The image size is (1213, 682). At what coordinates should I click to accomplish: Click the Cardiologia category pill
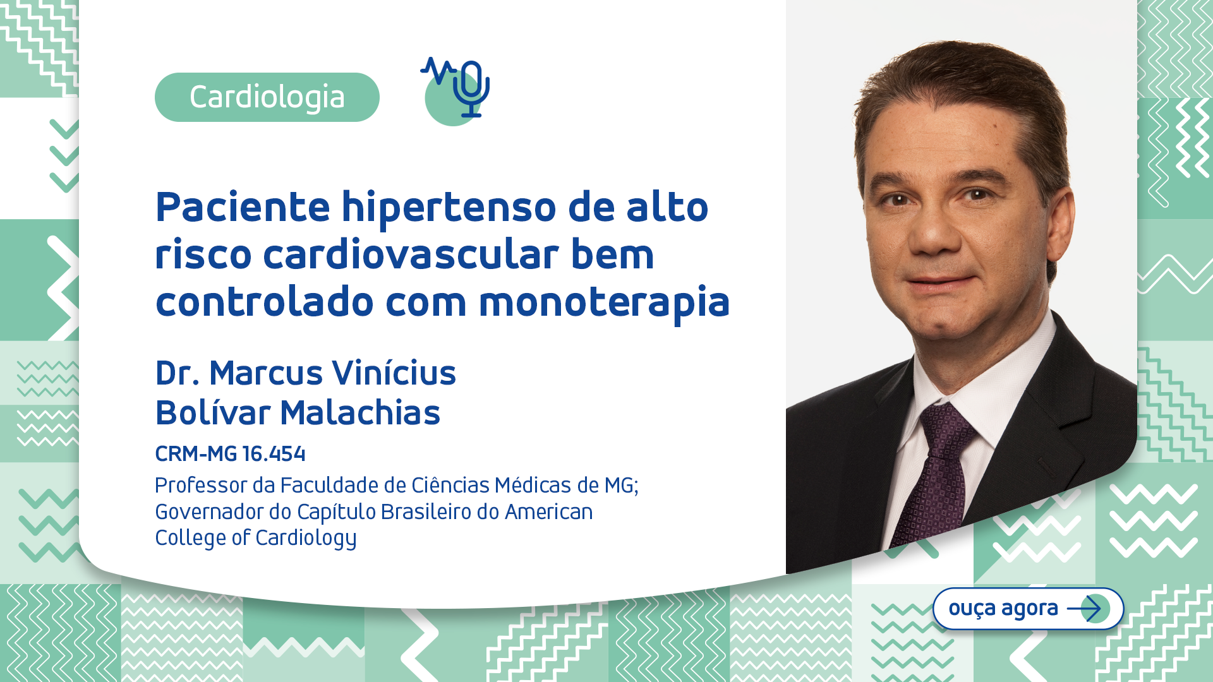[x=267, y=97]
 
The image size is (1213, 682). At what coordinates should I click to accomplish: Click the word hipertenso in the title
[x=449, y=207]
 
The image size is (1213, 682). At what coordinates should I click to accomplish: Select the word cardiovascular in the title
[x=411, y=254]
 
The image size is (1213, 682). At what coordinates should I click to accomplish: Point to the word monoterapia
[x=604, y=302]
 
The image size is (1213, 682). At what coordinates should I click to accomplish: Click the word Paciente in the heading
[x=243, y=207]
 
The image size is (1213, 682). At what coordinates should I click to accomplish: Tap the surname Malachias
[x=360, y=413]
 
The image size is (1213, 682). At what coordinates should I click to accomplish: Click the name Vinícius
[x=394, y=373]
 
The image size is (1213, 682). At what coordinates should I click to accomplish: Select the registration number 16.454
[x=274, y=453]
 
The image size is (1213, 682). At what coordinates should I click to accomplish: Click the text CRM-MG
[x=196, y=453]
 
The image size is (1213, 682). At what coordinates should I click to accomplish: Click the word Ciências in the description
[x=450, y=485]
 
